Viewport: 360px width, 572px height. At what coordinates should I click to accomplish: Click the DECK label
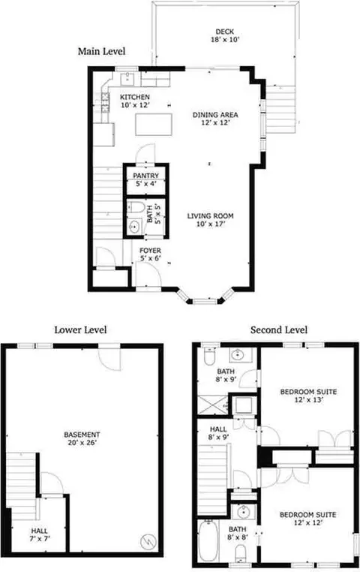point(224,32)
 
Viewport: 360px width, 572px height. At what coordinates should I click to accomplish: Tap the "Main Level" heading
point(102,51)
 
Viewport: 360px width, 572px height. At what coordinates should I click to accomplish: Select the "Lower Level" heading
point(80,330)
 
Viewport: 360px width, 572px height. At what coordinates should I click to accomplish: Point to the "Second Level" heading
point(279,330)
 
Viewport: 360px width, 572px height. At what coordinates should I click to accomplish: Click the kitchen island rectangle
point(154,125)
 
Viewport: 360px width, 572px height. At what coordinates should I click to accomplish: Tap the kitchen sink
point(128,78)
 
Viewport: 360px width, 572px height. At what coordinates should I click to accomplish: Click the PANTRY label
point(145,176)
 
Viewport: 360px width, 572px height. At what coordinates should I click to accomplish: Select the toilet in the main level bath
point(136,208)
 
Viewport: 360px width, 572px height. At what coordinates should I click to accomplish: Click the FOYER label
point(150,251)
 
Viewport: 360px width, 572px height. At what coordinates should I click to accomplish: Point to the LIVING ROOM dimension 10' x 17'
point(210,224)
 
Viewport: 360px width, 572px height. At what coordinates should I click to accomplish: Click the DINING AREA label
point(215,115)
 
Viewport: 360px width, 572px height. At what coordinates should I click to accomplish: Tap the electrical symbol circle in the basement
point(148,541)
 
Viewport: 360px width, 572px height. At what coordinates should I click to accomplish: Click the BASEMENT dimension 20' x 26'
point(82,443)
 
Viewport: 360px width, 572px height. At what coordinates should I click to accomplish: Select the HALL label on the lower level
point(39,531)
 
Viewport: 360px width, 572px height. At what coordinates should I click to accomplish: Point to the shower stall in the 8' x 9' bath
point(213,404)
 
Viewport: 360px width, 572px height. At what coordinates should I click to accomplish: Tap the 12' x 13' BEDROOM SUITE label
point(308,392)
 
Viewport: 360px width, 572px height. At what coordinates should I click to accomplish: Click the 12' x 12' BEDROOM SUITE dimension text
point(308,522)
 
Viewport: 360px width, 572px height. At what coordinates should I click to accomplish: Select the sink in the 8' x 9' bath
point(238,354)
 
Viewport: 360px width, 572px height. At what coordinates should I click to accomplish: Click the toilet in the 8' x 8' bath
point(241,553)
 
